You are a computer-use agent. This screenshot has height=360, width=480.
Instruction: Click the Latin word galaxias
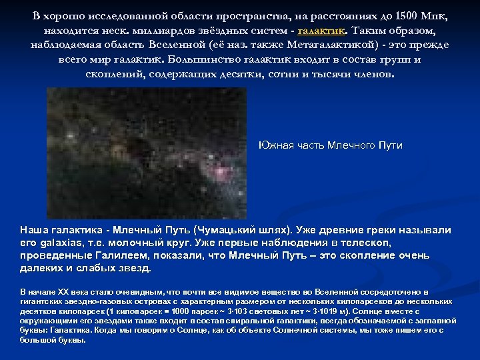tap(63, 243)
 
